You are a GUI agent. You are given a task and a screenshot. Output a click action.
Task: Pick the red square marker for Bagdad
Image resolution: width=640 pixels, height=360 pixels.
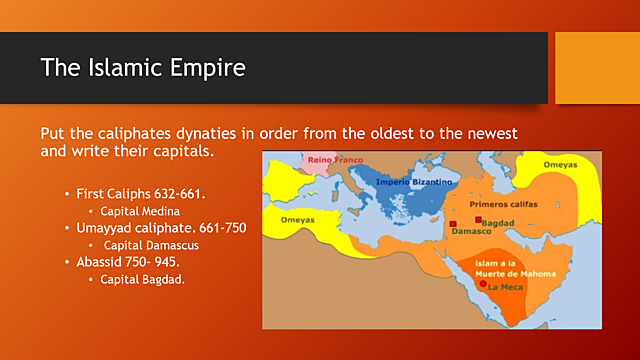479,220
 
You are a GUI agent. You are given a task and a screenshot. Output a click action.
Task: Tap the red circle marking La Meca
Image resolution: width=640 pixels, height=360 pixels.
483,285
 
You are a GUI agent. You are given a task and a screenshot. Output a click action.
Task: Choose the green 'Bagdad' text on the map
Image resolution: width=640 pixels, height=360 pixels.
500,220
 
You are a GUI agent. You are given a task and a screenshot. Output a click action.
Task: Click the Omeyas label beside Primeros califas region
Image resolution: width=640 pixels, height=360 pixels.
561,164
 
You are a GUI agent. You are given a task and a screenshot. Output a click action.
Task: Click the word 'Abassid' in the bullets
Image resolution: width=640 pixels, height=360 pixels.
102,262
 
